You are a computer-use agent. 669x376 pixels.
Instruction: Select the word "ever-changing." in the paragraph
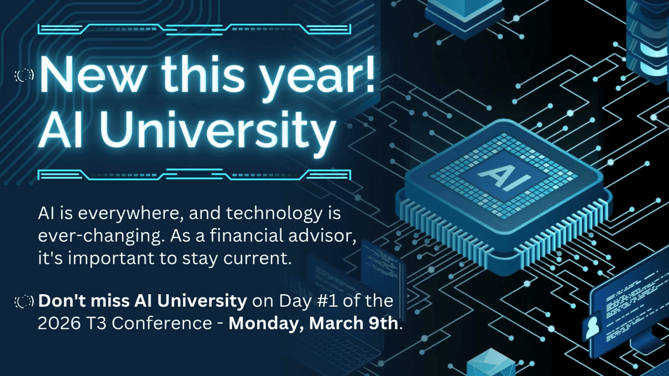(97, 236)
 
